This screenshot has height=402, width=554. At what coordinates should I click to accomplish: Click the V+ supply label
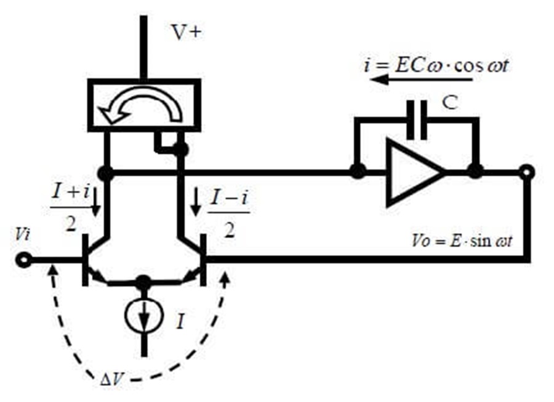(187, 32)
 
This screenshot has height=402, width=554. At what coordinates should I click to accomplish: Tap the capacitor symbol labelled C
(417, 120)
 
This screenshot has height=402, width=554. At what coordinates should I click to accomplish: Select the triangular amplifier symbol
(415, 173)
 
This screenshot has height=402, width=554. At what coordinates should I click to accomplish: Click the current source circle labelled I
(144, 314)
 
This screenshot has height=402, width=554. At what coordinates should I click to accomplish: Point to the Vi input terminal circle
(23, 260)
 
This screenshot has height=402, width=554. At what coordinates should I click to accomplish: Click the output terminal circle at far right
(526, 173)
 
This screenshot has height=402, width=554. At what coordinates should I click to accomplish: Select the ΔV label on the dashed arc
(111, 380)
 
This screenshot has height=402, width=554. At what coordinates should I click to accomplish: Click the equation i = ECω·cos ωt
(436, 65)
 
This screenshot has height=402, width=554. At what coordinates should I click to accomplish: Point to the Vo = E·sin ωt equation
(462, 241)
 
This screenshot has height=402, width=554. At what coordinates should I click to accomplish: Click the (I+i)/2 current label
(71, 209)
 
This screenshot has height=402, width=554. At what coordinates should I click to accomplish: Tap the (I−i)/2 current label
(229, 215)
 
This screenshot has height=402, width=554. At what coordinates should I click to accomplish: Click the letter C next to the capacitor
(450, 102)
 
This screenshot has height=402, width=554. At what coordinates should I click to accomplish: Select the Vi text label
(22, 235)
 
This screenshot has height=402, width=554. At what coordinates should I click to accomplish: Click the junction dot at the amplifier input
(358, 172)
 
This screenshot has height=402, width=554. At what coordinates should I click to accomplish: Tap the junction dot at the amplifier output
(475, 172)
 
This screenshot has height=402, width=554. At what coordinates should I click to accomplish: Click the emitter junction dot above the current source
(143, 282)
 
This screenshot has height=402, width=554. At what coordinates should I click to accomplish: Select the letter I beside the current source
(180, 322)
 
